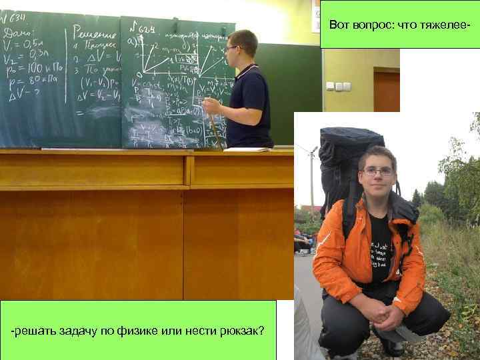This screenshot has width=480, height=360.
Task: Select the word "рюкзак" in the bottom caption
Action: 241,331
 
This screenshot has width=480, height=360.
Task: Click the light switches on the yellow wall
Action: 338,86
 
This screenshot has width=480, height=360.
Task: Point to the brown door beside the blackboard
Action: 387,90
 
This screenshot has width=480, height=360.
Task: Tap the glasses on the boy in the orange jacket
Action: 378,171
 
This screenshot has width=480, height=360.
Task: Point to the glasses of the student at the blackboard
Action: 231,48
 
